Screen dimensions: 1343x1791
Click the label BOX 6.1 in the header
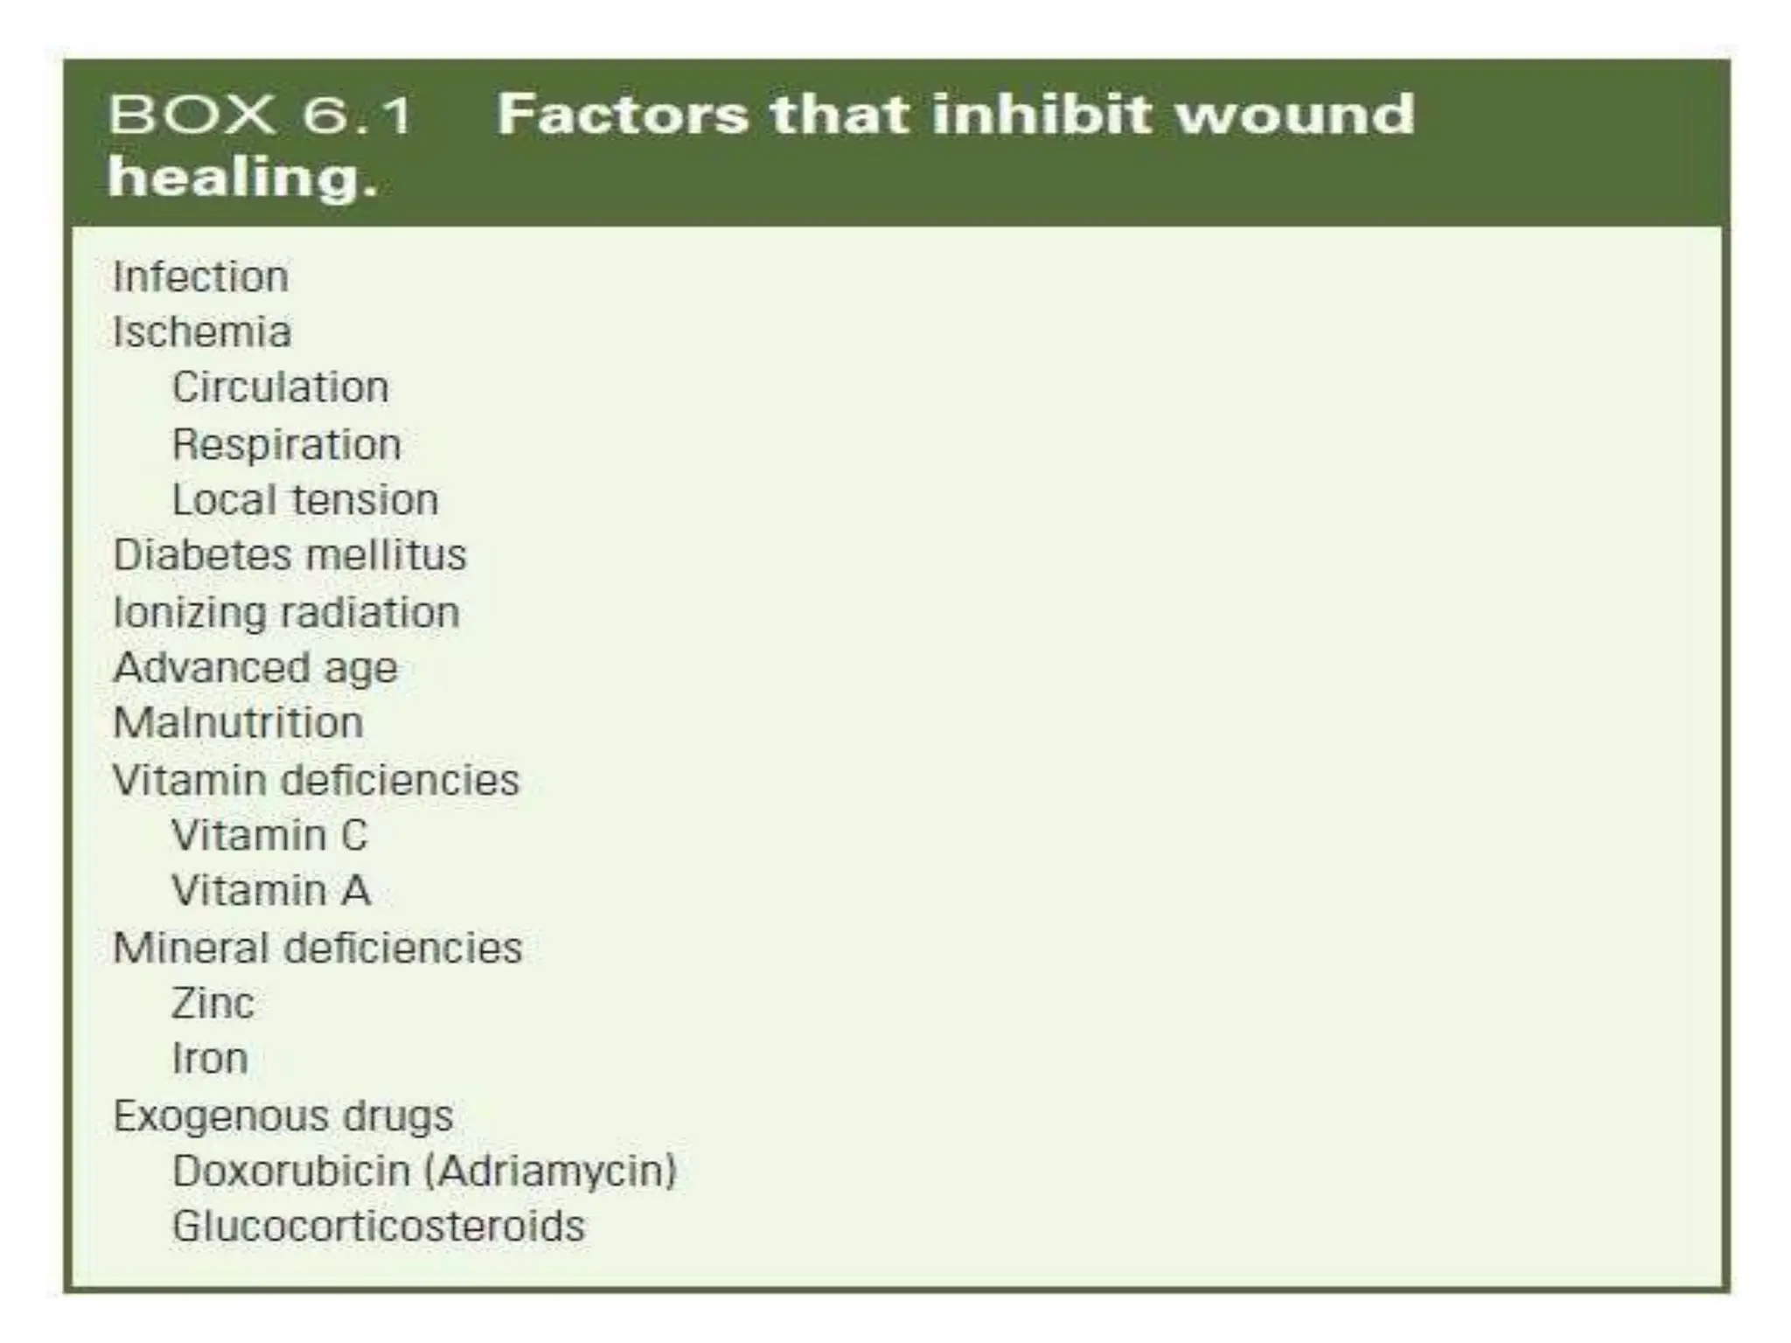click(261, 115)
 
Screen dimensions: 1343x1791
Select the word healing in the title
click(242, 177)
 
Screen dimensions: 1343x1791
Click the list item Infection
click(200, 277)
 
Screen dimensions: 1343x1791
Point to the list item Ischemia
click(202, 332)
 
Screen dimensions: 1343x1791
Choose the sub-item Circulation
click(280, 387)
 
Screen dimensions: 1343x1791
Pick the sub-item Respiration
click(286, 444)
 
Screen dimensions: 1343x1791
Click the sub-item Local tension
click(305, 500)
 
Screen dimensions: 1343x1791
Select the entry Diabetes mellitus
click(289, 555)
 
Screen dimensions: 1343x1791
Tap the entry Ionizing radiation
click(286, 612)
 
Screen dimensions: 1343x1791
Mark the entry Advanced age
click(255, 669)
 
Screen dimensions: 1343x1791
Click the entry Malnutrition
click(238, 723)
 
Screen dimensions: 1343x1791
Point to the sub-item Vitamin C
click(269, 835)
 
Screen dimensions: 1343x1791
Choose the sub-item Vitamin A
click(271, 891)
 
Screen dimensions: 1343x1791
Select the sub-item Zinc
click(213, 1003)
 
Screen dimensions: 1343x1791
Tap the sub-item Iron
click(210, 1059)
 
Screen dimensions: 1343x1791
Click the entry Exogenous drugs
click(283, 1116)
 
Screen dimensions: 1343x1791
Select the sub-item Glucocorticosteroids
click(378, 1226)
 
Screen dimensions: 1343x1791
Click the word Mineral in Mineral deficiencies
click(191, 948)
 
